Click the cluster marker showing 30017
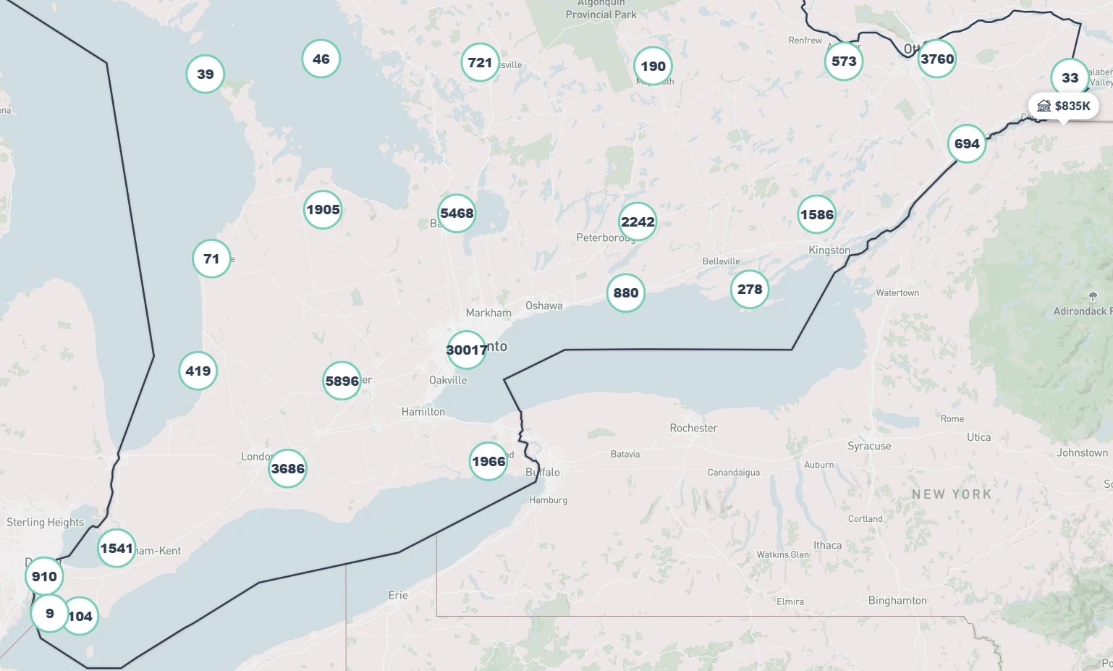466,350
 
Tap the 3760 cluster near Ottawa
936,59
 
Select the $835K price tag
1063,106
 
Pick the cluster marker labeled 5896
342,381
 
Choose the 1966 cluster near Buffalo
488,461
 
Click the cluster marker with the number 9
49,614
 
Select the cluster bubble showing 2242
638,222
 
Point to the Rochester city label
693,428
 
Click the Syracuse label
869,446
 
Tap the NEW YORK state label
951,494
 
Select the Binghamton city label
897,600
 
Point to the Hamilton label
423,412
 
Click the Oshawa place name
544,305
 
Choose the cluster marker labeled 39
206,74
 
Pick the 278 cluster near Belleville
750,290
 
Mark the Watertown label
897,293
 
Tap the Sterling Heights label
45,522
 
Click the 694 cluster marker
967,144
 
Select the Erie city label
398,595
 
